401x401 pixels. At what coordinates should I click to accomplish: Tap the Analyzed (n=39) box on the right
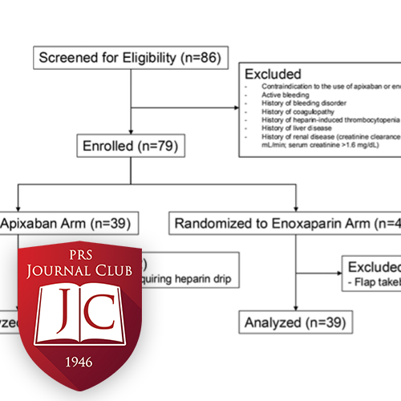[x=296, y=323]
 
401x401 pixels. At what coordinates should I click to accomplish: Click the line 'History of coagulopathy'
[x=284, y=111]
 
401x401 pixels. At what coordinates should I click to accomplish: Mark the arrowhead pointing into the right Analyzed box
[x=296, y=311]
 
